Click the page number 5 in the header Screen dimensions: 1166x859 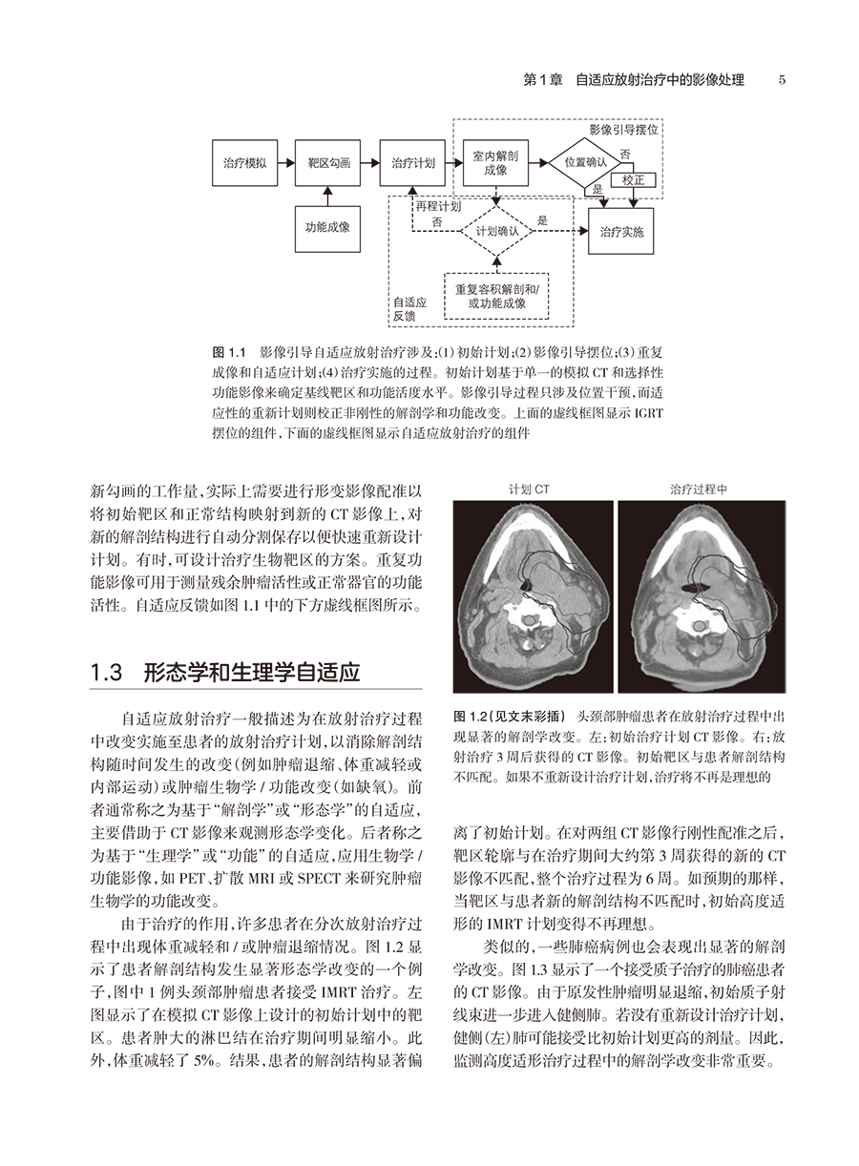click(x=782, y=80)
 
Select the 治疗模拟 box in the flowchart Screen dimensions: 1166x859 click(x=243, y=163)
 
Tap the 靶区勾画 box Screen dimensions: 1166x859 click(x=327, y=163)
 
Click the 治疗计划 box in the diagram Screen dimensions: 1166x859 click(x=412, y=163)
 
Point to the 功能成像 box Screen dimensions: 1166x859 click(x=327, y=227)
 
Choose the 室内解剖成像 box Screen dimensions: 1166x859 click(x=495, y=162)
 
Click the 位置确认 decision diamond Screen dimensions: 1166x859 click(x=585, y=162)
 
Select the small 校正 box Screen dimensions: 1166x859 click(x=633, y=179)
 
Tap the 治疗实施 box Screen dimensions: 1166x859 click(x=621, y=231)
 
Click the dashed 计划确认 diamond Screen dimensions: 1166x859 click(x=496, y=231)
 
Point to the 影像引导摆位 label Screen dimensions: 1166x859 click(x=624, y=128)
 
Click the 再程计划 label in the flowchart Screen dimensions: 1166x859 click(x=438, y=204)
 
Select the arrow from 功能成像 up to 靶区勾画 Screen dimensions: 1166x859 click(x=327, y=196)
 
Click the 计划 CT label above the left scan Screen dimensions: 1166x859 click(x=530, y=489)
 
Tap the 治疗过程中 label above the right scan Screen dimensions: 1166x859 click(x=699, y=489)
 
